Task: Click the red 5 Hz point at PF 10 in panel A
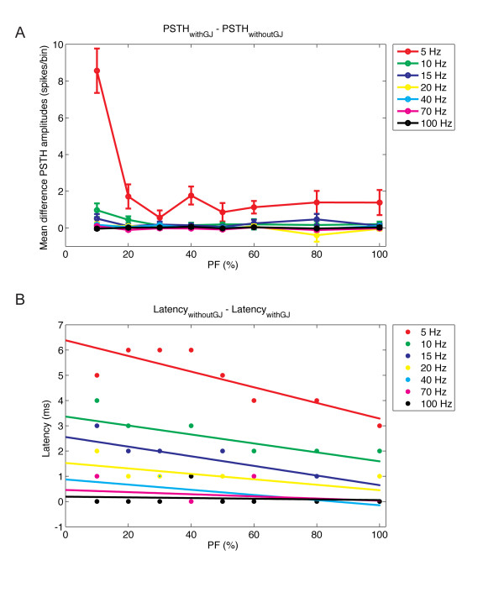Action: pyautogui.click(x=97, y=71)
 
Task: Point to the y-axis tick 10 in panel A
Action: pyautogui.click(x=55, y=45)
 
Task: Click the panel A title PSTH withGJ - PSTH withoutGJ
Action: pyautogui.click(x=223, y=29)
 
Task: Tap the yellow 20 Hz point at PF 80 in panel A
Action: pyautogui.click(x=317, y=237)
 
